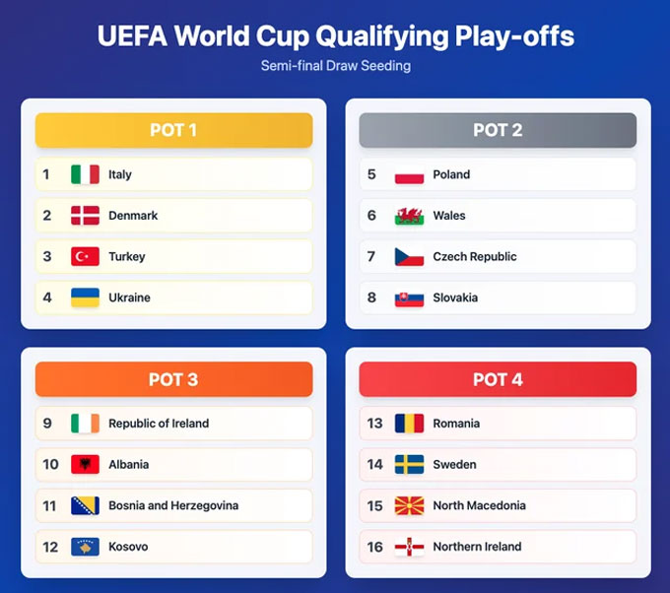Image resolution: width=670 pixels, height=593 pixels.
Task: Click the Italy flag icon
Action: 85,174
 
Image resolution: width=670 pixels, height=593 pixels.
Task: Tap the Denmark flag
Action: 85,216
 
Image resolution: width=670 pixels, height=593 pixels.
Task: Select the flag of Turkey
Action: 85,256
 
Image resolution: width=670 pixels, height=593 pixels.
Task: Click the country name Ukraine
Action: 129,297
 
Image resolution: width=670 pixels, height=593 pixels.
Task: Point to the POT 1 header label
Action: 173,130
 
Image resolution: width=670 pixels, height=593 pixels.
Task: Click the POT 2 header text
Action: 498,130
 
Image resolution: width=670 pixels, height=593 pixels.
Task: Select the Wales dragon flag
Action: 409,216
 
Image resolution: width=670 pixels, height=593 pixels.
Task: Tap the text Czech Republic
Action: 474,256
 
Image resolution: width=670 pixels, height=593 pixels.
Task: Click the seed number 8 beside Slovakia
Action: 371,297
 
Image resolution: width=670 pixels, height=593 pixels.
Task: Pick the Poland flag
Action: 409,174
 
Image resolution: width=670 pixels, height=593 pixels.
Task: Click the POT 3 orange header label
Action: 173,379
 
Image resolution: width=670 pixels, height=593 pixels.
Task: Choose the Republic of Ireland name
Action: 159,424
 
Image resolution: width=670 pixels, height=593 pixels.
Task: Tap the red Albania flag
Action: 85,464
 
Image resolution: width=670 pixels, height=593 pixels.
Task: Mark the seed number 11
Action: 50,505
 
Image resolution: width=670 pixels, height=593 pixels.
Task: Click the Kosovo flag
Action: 85,547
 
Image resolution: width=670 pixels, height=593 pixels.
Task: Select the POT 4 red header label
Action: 498,379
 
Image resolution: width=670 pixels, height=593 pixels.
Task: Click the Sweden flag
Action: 409,464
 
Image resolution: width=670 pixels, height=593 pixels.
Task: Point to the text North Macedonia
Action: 479,505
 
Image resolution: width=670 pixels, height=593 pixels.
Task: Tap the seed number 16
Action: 374,547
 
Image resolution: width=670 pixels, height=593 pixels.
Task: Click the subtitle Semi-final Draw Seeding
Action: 335,66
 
